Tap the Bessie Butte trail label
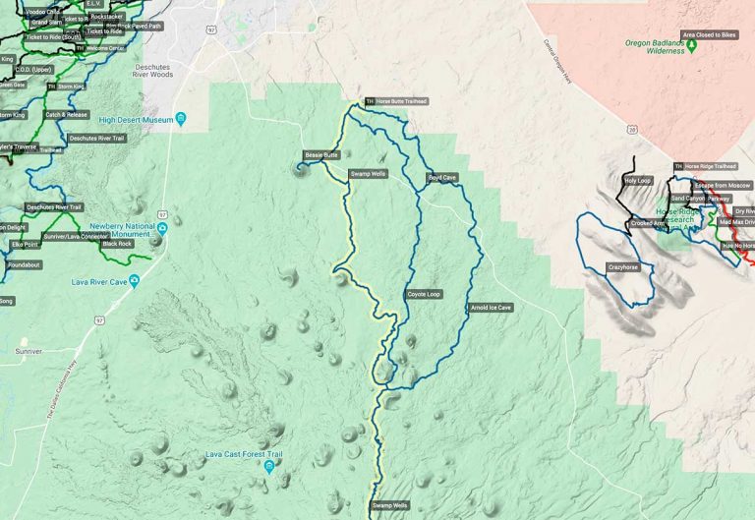tap(321, 155)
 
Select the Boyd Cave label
tap(441, 178)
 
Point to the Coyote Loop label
tap(424, 294)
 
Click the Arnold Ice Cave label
tap(491, 308)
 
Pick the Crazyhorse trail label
tap(623, 267)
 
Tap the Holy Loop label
tap(638, 181)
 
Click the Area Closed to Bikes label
tap(709, 34)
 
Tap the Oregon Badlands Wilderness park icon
tap(692, 44)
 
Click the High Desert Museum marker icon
tap(181, 120)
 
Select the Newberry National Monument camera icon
tap(163, 229)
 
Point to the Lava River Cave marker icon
tap(135, 282)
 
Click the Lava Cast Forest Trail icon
tap(268, 467)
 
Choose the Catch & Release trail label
tap(66, 114)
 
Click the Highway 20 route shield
tap(630, 128)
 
